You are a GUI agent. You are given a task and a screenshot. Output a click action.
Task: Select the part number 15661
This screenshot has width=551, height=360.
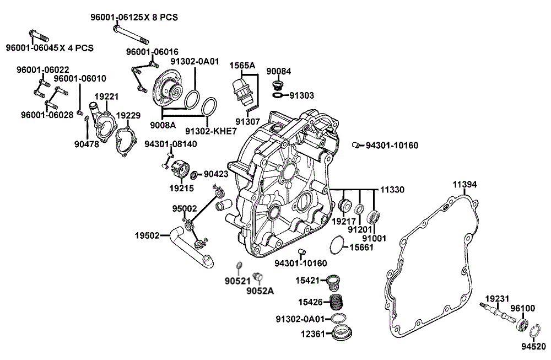[x=362, y=247]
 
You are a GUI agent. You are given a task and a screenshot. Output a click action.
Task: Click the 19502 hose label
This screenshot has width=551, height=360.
[x=147, y=235]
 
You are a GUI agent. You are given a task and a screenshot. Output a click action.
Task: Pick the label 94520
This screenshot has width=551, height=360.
[x=533, y=347]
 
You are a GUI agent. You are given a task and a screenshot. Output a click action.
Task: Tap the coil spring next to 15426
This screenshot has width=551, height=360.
[x=337, y=302]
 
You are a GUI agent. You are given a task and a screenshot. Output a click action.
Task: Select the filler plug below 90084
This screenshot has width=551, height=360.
[x=278, y=85]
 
